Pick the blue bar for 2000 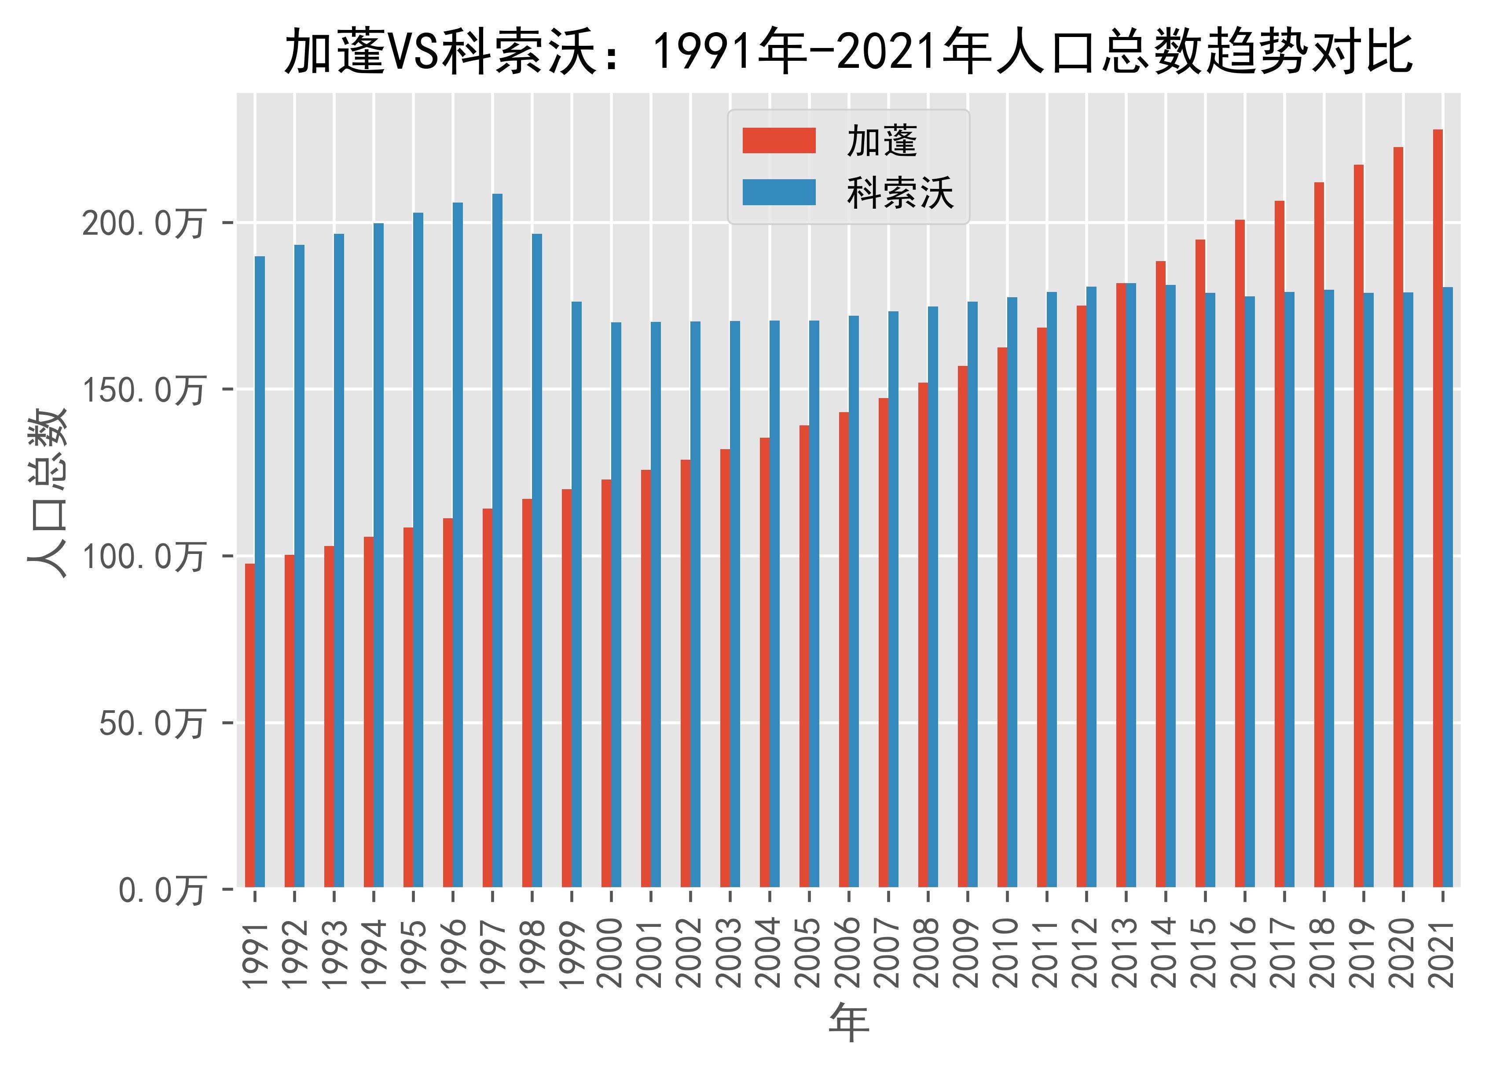click(616, 604)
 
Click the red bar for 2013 click(1121, 585)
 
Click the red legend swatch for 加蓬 click(779, 140)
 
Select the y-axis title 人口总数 click(47, 493)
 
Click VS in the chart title click(412, 52)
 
